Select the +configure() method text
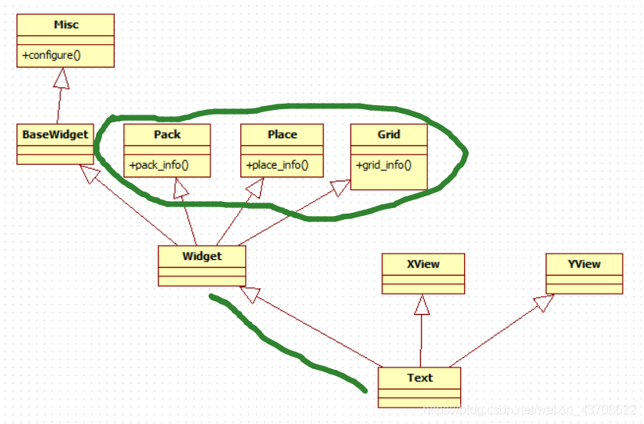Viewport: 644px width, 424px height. (53, 56)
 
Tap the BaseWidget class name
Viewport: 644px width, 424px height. (55, 134)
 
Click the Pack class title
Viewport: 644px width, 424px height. (167, 134)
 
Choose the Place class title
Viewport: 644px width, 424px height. (282, 134)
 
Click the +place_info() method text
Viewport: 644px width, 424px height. (277, 166)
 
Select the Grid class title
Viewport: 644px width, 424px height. (389, 134)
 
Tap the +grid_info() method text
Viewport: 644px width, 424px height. (384, 166)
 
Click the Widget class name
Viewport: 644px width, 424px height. (202, 256)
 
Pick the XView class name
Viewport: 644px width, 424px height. (423, 264)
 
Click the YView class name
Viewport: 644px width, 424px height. (584, 264)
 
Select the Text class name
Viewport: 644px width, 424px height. (419, 378)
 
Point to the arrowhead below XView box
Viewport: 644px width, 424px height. (423, 304)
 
